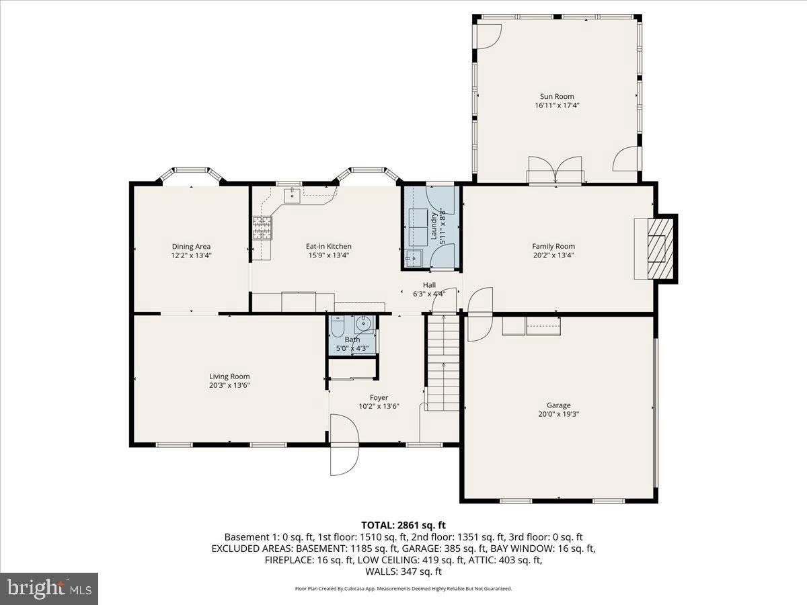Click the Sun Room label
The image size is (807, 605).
coord(556,96)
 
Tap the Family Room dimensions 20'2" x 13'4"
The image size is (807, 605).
coord(553,255)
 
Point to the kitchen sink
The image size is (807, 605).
coord(293,196)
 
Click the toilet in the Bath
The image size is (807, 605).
coord(338,327)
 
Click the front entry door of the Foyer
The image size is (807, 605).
coord(344,445)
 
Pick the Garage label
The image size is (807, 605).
coord(558,405)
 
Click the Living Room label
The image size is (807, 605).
coord(229,376)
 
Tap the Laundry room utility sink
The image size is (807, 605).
coord(413,257)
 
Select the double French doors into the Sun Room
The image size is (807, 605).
coord(555,171)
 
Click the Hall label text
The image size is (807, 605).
coord(429,285)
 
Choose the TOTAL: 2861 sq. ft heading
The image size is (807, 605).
coord(403,525)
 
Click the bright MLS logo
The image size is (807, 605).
coord(49,589)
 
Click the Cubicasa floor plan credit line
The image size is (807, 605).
coord(403,589)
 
